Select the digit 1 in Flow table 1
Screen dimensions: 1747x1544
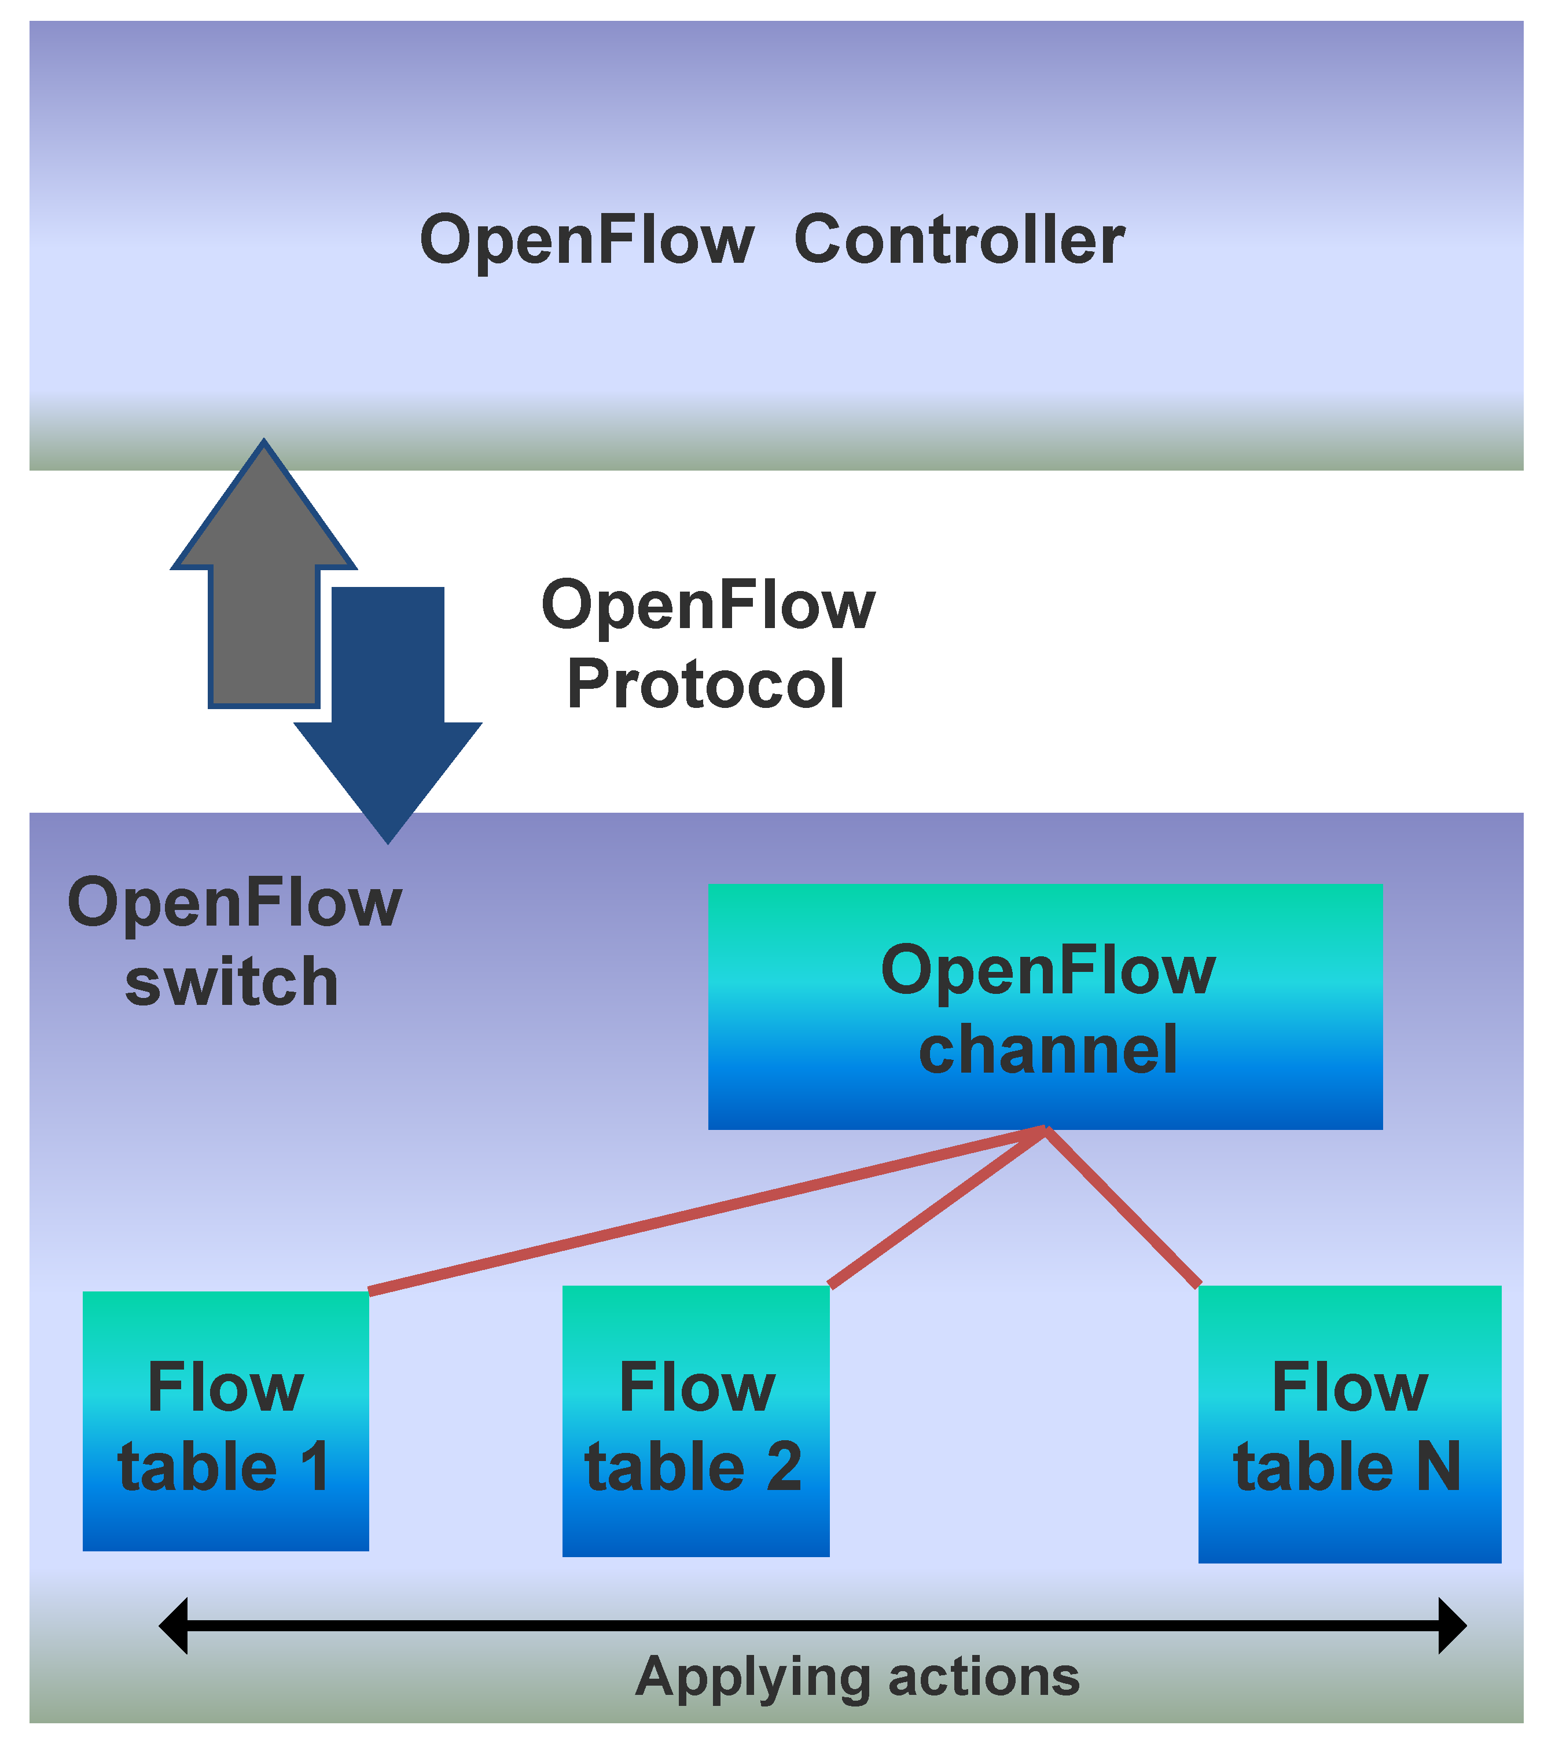[x=315, y=1467]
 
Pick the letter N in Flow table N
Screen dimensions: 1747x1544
[x=1438, y=1467]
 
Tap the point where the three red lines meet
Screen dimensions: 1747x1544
[x=1044, y=1131]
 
